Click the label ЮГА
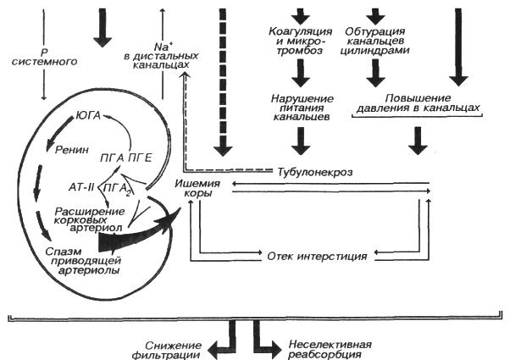click(89, 113)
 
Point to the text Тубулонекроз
click(315, 172)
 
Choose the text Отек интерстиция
click(315, 255)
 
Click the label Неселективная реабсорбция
click(323, 350)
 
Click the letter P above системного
click(42, 50)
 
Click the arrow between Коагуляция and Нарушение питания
click(297, 79)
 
